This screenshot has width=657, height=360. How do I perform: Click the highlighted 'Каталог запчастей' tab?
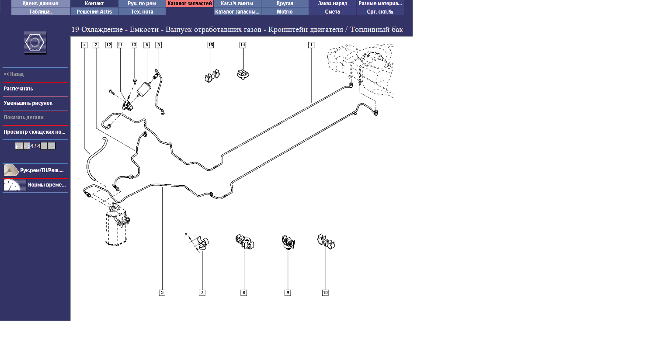pyautogui.click(x=189, y=3)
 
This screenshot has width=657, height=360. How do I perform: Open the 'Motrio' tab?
pyautogui.click(x=285, y=12)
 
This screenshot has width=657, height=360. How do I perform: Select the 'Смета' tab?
pyautogui.click(x=332, y=12)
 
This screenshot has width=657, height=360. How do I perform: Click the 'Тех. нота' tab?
pyautogui.click(x=142, y=12)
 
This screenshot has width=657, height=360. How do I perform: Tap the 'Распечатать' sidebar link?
pyautogui.click(x=18, y=89)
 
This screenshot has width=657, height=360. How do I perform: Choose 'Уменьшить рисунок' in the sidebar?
pyautogui.click(x=28, y=103)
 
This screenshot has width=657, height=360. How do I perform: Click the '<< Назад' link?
pyautogui.click(x=14, y=74)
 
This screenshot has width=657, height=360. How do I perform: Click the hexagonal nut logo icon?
pyautogui.click(x=35, y=43)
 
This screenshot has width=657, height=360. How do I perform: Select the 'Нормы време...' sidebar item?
pyautogui.click(x=46, y=185)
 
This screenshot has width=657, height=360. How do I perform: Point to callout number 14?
pyautogui.click(x=243, y=45)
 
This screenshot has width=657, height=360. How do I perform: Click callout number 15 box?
pyautogui.click(x=210, y=45)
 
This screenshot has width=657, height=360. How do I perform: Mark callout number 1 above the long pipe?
pyautogui.click(x=311, y=45)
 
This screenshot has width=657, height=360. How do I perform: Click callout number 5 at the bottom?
pyautogui.click(x=162, y=293)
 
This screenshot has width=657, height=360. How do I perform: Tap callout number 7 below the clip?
pyautogui.click(x=202, y=293)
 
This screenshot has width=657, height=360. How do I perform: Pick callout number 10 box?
pyautogui.click(x=325, y=293)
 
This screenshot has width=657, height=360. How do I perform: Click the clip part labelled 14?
pyautogui.click(x=243, y=74)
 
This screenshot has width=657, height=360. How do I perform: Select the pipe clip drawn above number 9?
pyautogui.click(x=288, y=242)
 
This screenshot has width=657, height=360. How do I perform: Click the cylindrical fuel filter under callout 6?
pyautogui.click(x=143, y=89)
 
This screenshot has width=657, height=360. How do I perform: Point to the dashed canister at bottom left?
pyautogui.click(x=116, y=227)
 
